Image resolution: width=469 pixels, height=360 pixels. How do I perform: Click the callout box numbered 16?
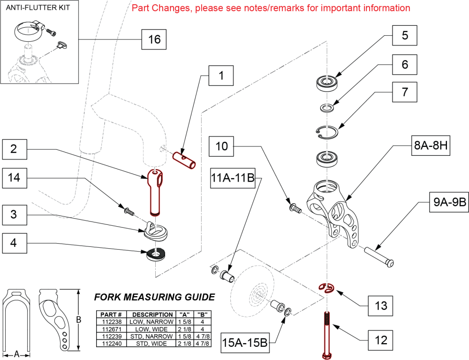pos(154,39)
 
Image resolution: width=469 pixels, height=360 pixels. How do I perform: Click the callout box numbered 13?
pos(381,306)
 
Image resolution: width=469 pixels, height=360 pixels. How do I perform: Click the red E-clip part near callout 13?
pos(326,288)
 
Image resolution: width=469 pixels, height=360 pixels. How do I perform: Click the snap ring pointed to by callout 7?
pos(326,132)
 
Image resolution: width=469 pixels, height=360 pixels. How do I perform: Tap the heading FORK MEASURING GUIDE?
pos(154,297)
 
